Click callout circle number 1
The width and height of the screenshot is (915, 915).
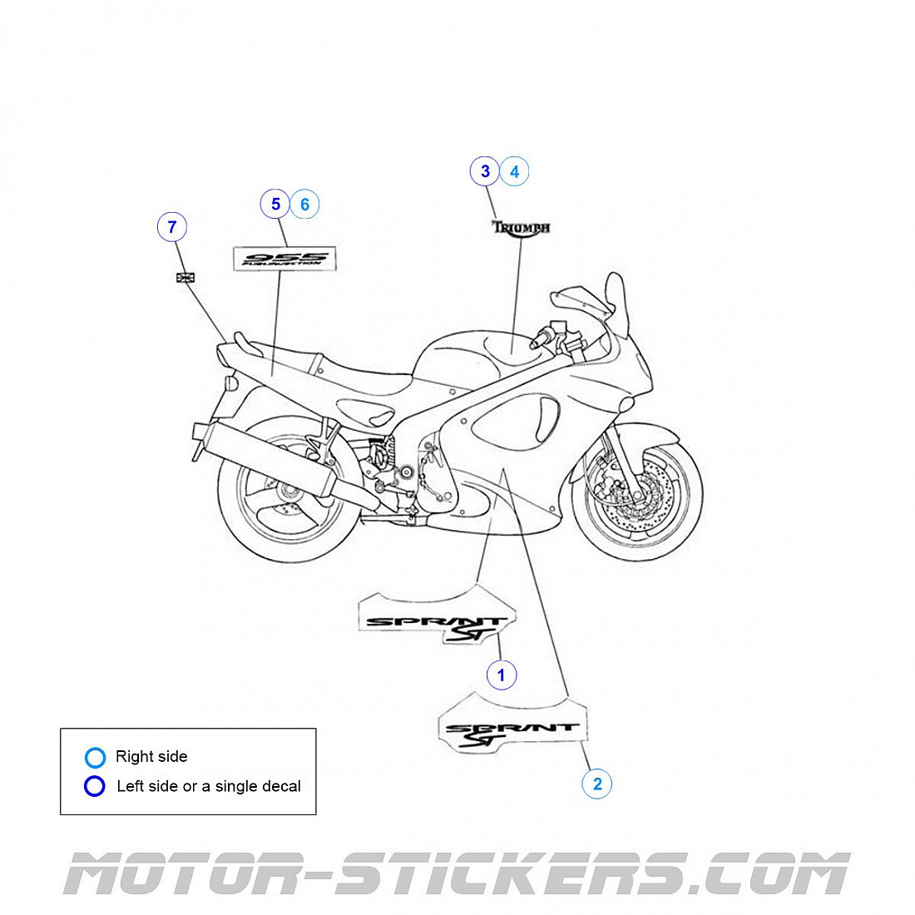click(501, 675)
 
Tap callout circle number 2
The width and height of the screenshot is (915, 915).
click(596, 783)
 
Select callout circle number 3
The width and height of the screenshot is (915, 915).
click(486, 171)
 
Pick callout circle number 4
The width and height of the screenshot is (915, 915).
click(515, 171)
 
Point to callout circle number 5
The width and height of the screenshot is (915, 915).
click(275, 204)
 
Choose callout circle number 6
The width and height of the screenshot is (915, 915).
click(304, 204)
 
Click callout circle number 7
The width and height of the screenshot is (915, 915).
click(172, 226)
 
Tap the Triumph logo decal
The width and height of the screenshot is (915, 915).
click(521, 227)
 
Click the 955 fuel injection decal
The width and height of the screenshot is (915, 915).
click(283, 258)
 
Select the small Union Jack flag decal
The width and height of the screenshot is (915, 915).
click(185, 277)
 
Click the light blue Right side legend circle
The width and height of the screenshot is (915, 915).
click(96, 757)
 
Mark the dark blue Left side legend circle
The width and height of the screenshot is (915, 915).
click(96, 786)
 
